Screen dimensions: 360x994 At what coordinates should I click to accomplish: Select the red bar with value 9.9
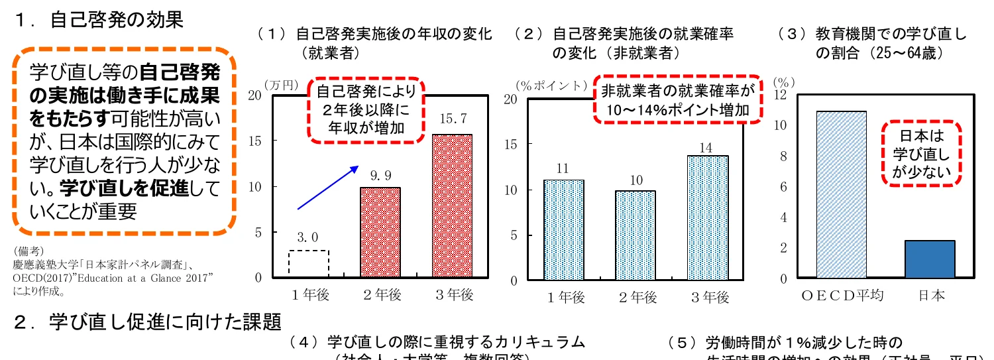tap(380, 232)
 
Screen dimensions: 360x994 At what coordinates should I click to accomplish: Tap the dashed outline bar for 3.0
tap(309, 264)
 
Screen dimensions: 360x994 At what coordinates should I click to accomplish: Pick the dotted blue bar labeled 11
tap(563, 229)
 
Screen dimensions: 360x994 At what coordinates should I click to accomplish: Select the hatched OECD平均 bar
tap(842, 194)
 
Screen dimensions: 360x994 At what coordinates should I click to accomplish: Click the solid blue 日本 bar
tap(930, 259)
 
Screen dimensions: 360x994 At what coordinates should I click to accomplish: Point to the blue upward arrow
tap(327, 188)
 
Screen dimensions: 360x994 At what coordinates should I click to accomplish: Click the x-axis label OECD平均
tap(842, 296)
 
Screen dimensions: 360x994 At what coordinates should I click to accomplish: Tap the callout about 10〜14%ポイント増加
tap(677, 99)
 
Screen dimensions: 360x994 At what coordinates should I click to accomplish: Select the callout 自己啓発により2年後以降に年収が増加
tap(367, 110)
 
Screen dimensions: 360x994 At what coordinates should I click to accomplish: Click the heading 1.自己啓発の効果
tap(99, 20)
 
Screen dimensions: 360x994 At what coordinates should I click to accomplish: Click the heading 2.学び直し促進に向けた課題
tap(149, 322)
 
